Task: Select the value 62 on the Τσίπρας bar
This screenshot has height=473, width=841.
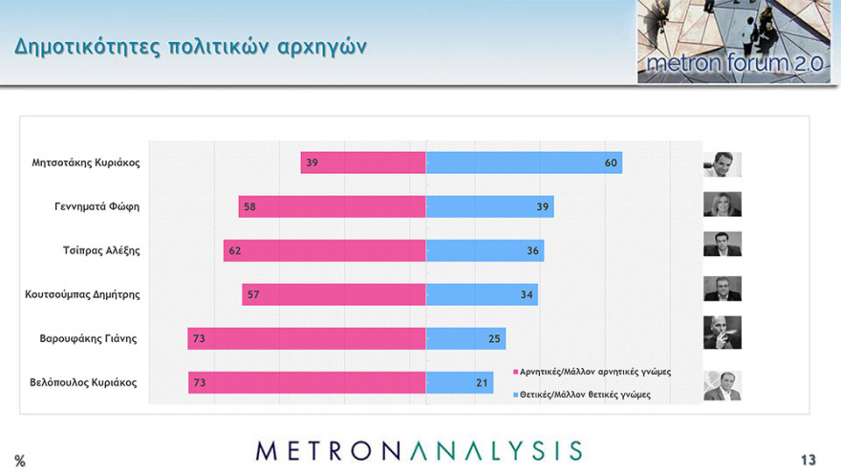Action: coord(234,251)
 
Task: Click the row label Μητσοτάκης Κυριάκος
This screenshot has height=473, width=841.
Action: coord(86,162)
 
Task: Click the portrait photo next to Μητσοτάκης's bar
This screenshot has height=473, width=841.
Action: coord(722,164)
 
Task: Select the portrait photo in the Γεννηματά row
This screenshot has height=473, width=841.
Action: coord(722,204)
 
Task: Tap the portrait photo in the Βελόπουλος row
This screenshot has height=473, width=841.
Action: coord(722,385)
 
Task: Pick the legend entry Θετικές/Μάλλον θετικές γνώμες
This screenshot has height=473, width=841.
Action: coord(584,394)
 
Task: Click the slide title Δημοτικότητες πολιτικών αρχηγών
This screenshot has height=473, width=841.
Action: coord(190,47)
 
